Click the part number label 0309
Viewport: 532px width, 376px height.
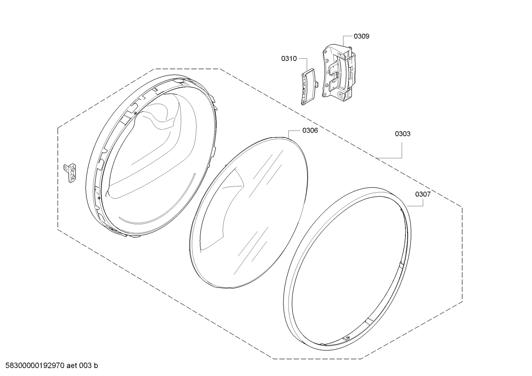[362, 36]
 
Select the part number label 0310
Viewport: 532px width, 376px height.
[289, 58]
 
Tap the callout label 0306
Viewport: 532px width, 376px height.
[310, 130]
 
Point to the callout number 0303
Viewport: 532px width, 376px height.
[403, 134]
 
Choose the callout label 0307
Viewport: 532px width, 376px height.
[423, 194]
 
